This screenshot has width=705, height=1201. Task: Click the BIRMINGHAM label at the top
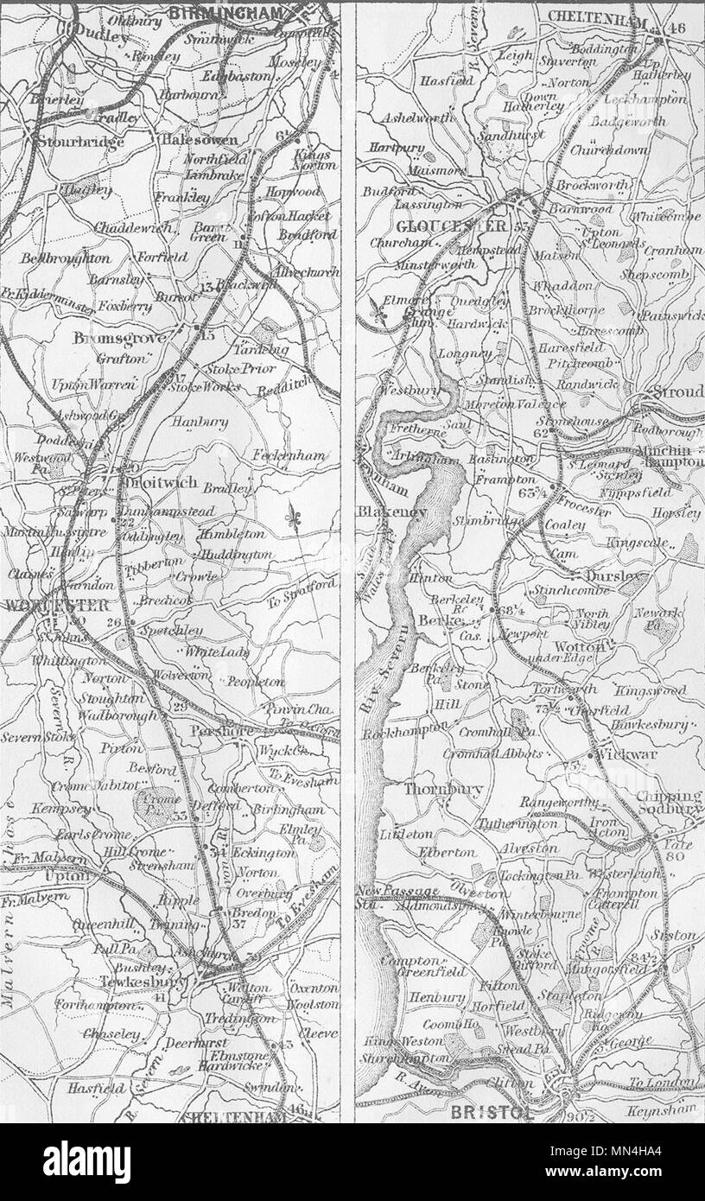coord(226,12)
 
